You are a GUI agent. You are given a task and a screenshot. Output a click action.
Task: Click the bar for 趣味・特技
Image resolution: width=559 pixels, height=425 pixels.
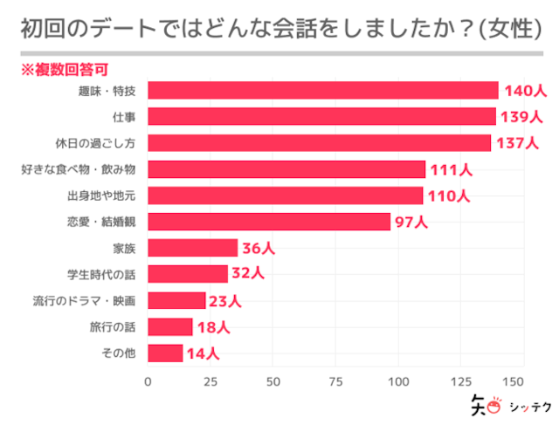coord(322,90)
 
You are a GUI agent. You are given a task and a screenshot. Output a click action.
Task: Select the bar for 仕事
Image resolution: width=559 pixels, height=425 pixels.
coord(321,116)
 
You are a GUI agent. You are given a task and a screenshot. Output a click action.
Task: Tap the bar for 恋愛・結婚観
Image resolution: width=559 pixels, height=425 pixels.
coord(269,222)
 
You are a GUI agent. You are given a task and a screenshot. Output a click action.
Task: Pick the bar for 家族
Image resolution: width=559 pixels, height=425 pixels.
coord(192,248)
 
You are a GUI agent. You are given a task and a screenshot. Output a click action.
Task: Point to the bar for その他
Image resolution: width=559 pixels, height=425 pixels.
coord(165,353)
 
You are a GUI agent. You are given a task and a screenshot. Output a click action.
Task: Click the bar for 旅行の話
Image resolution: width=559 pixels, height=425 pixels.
coord(169,326)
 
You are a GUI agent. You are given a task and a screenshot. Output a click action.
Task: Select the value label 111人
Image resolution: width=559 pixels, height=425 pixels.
coord(452,169)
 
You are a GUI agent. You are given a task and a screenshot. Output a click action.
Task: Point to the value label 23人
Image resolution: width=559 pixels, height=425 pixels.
coord(225,300)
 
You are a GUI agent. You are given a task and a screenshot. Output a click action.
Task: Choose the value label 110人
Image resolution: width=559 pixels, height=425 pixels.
coord(449,195)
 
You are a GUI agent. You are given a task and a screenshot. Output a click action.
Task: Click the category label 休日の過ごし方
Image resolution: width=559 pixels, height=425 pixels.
coord(104,143)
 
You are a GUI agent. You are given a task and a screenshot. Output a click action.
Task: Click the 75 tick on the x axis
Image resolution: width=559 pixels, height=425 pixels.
coord(335,381)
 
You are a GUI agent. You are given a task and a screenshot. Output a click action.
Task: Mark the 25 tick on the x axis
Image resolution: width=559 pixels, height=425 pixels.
coord(210,381)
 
